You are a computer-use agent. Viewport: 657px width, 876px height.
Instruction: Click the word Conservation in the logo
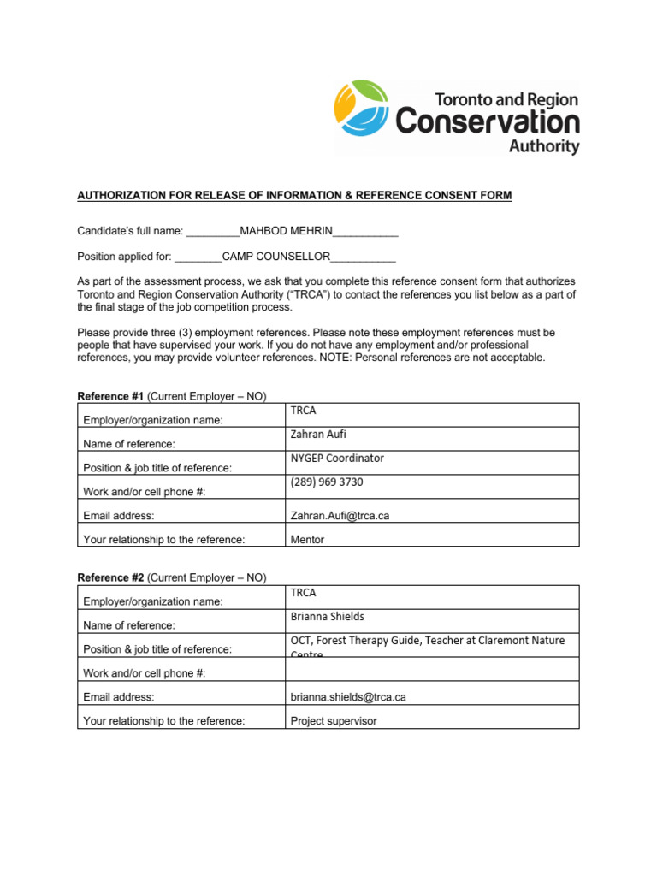488,121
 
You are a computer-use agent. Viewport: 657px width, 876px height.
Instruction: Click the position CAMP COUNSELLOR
276,256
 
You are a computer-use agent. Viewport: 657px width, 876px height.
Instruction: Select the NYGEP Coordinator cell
337,459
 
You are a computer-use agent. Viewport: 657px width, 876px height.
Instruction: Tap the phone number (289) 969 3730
327,482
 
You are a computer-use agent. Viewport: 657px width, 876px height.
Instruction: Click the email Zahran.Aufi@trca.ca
340,516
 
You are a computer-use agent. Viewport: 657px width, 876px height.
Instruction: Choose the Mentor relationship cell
307,540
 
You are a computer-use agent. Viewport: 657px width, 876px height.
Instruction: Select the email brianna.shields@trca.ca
348,697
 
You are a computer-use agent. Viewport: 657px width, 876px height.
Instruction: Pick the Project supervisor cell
334,721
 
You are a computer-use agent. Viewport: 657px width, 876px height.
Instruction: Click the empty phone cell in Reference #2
432,669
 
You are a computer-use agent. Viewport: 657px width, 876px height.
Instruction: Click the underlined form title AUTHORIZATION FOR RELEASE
294,196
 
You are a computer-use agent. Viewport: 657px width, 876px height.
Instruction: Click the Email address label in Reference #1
119,516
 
